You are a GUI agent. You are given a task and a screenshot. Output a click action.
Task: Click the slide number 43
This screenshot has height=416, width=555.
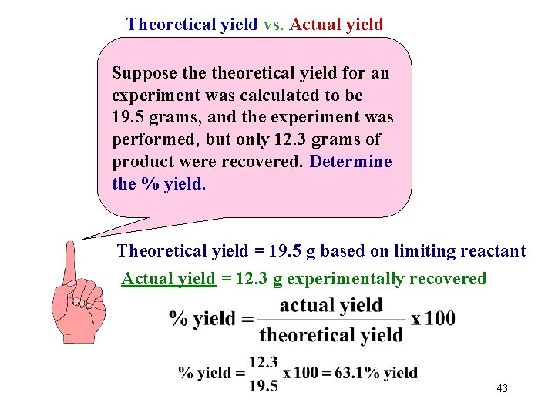[503, 388]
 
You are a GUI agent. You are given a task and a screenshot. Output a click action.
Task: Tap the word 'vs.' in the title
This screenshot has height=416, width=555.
[273, 25]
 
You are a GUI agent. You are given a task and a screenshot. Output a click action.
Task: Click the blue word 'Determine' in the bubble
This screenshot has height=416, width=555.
[351, 163]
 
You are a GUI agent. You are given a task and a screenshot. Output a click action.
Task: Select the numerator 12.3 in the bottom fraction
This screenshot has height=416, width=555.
[264, 361]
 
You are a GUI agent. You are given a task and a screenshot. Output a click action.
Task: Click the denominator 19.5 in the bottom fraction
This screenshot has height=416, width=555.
[264, 386]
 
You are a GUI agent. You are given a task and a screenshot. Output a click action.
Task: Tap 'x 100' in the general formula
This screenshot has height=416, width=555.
[432, 318]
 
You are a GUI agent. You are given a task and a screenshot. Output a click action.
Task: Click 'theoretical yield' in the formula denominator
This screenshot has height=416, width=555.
[331, 335]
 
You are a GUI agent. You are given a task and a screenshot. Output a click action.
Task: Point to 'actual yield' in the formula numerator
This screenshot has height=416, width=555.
[331, 306]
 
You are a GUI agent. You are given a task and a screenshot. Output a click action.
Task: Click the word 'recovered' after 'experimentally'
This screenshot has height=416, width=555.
[451, 279]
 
